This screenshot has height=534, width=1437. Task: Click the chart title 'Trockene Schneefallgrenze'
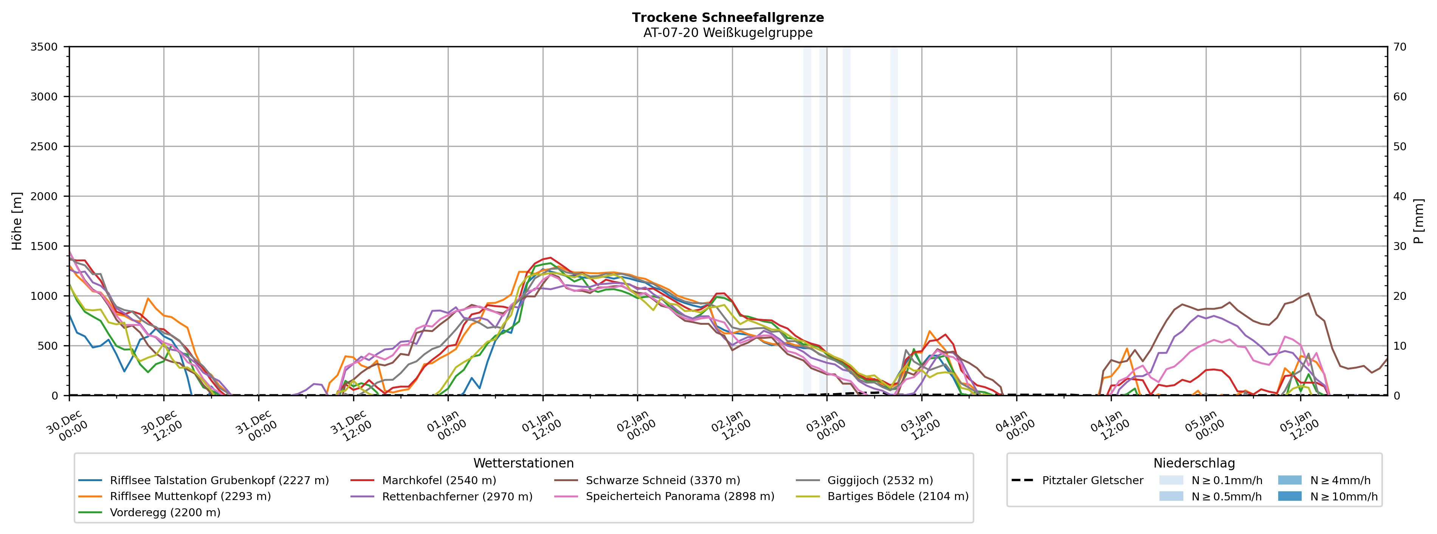pos(727,17)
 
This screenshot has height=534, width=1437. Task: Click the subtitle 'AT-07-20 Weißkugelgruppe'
pos(727,32)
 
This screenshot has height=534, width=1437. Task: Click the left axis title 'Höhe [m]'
pos(17,221)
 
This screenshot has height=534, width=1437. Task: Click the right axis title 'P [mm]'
pos(1418,221)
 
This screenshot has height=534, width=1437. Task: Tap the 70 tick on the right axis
pos(1400,47)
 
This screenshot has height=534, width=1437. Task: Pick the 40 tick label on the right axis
pos(1400,196)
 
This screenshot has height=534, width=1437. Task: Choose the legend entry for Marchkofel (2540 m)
pos(439,480)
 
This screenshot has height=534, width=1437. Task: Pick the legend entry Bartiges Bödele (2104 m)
pos(898,497)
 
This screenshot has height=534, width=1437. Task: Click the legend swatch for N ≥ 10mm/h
pos(1289,497)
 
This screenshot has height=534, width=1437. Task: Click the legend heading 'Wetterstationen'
pos(523,463)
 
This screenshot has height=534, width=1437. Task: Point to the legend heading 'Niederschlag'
pos(1194,463)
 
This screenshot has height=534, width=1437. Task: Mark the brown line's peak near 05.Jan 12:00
pos(1308,293)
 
